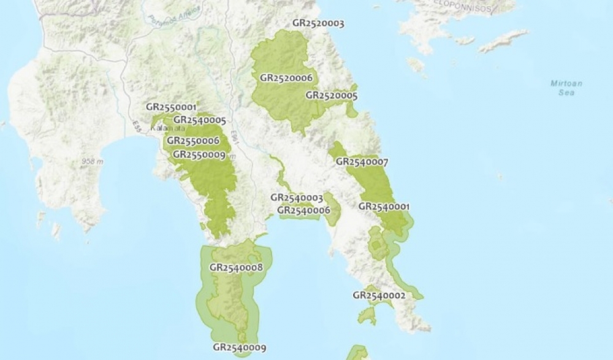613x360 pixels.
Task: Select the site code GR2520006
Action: click(x=286, y=78)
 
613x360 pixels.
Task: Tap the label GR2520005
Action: click(x=332, y=96)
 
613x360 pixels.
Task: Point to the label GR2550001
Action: click(x=171, y=107)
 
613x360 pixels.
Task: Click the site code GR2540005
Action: click(x=200, y=120)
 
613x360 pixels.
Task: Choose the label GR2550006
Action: click(x=192, y=141)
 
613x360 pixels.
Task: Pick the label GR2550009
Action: click(x=199, y=155)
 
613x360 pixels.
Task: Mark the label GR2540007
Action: click(x=362, y=162)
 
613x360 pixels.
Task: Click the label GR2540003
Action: click(x=297, y=197)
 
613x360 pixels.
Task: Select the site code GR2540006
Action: click(x=304, y=210)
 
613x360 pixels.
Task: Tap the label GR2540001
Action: click(x=384, y=207)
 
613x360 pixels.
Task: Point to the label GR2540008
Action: click(x=236, y=267)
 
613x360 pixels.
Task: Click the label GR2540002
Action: click(x=379, y=296)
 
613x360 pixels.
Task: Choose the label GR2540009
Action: click(x=240, y=348)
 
